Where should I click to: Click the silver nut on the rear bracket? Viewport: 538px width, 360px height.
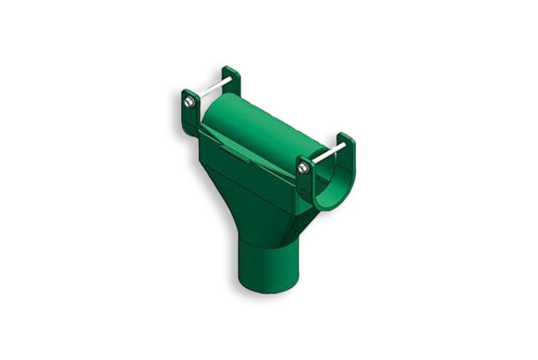click(x=189, y=103)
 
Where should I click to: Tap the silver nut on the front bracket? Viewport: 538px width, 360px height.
click(x=303, y=168)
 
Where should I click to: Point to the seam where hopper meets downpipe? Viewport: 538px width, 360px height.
click(x=262, y=244)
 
